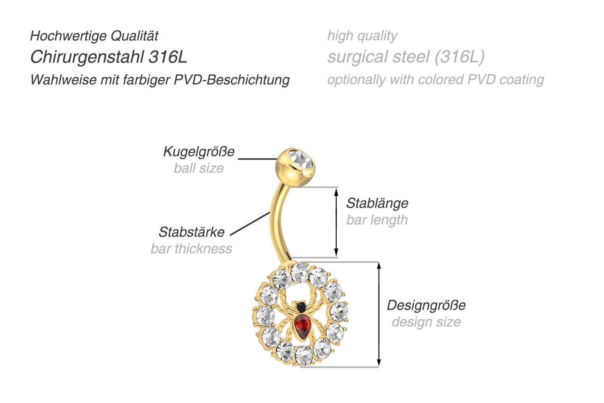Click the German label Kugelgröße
pos(199,152)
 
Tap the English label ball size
pos(199,168)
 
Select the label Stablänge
pos(377,203)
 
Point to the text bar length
pos(377,220)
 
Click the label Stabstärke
pos(191,232)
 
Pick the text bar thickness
pos(191,249)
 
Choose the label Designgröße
pos(426,305)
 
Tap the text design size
pos(426,322)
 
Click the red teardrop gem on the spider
pos(302,325)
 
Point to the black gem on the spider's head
pos(301,307)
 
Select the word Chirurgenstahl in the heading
pos(87,57)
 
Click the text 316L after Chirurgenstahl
pos(168,57)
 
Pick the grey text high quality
pos(362,36)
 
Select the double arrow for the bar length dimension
pos(337,222)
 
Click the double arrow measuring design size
pos(379,314)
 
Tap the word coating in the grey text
pos(521,80)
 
